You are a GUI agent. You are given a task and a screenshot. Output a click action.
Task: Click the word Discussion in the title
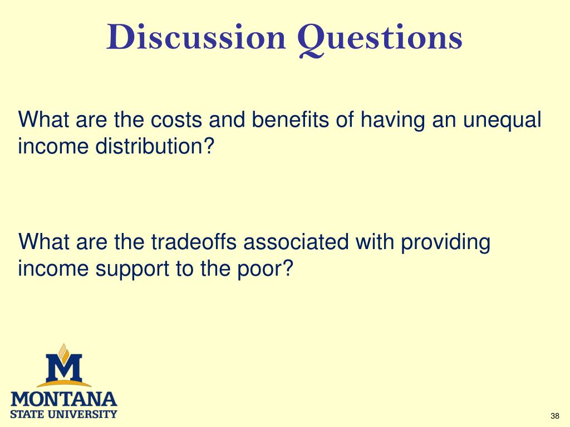[196, 37]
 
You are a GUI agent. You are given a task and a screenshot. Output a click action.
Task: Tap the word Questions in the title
[380, 39]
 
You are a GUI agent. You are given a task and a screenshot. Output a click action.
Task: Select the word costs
[176, 120]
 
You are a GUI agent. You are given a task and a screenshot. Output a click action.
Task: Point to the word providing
[445, 244]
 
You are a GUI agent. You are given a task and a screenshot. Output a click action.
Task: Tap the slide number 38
[555, 416]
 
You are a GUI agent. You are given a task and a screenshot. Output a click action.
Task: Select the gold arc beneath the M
[64, 383]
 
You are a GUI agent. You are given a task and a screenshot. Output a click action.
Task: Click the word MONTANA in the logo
[64, 399]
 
